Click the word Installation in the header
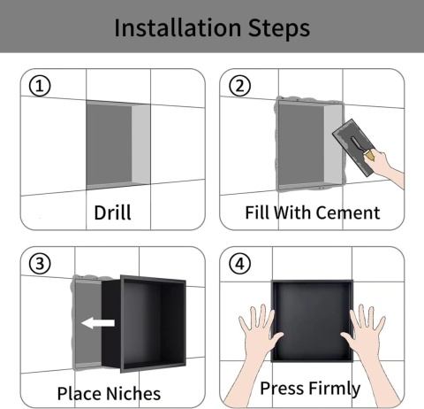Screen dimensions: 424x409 [178, 27]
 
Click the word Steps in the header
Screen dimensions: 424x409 [279, 28]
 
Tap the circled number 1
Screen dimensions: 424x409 [40, 86]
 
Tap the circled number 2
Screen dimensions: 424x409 [240, 86]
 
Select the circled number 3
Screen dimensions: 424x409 [40, 264]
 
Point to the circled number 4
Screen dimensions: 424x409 [240, 264]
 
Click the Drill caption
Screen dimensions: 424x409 [112, 212]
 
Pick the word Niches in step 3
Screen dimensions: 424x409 [133, 393]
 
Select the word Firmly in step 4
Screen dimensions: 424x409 [335, 389]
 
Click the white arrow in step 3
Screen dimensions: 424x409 [98, 323]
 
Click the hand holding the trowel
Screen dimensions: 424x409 [386, 166]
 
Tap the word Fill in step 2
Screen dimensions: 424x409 [255, 212]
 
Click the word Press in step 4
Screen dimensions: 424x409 [283, 388]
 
